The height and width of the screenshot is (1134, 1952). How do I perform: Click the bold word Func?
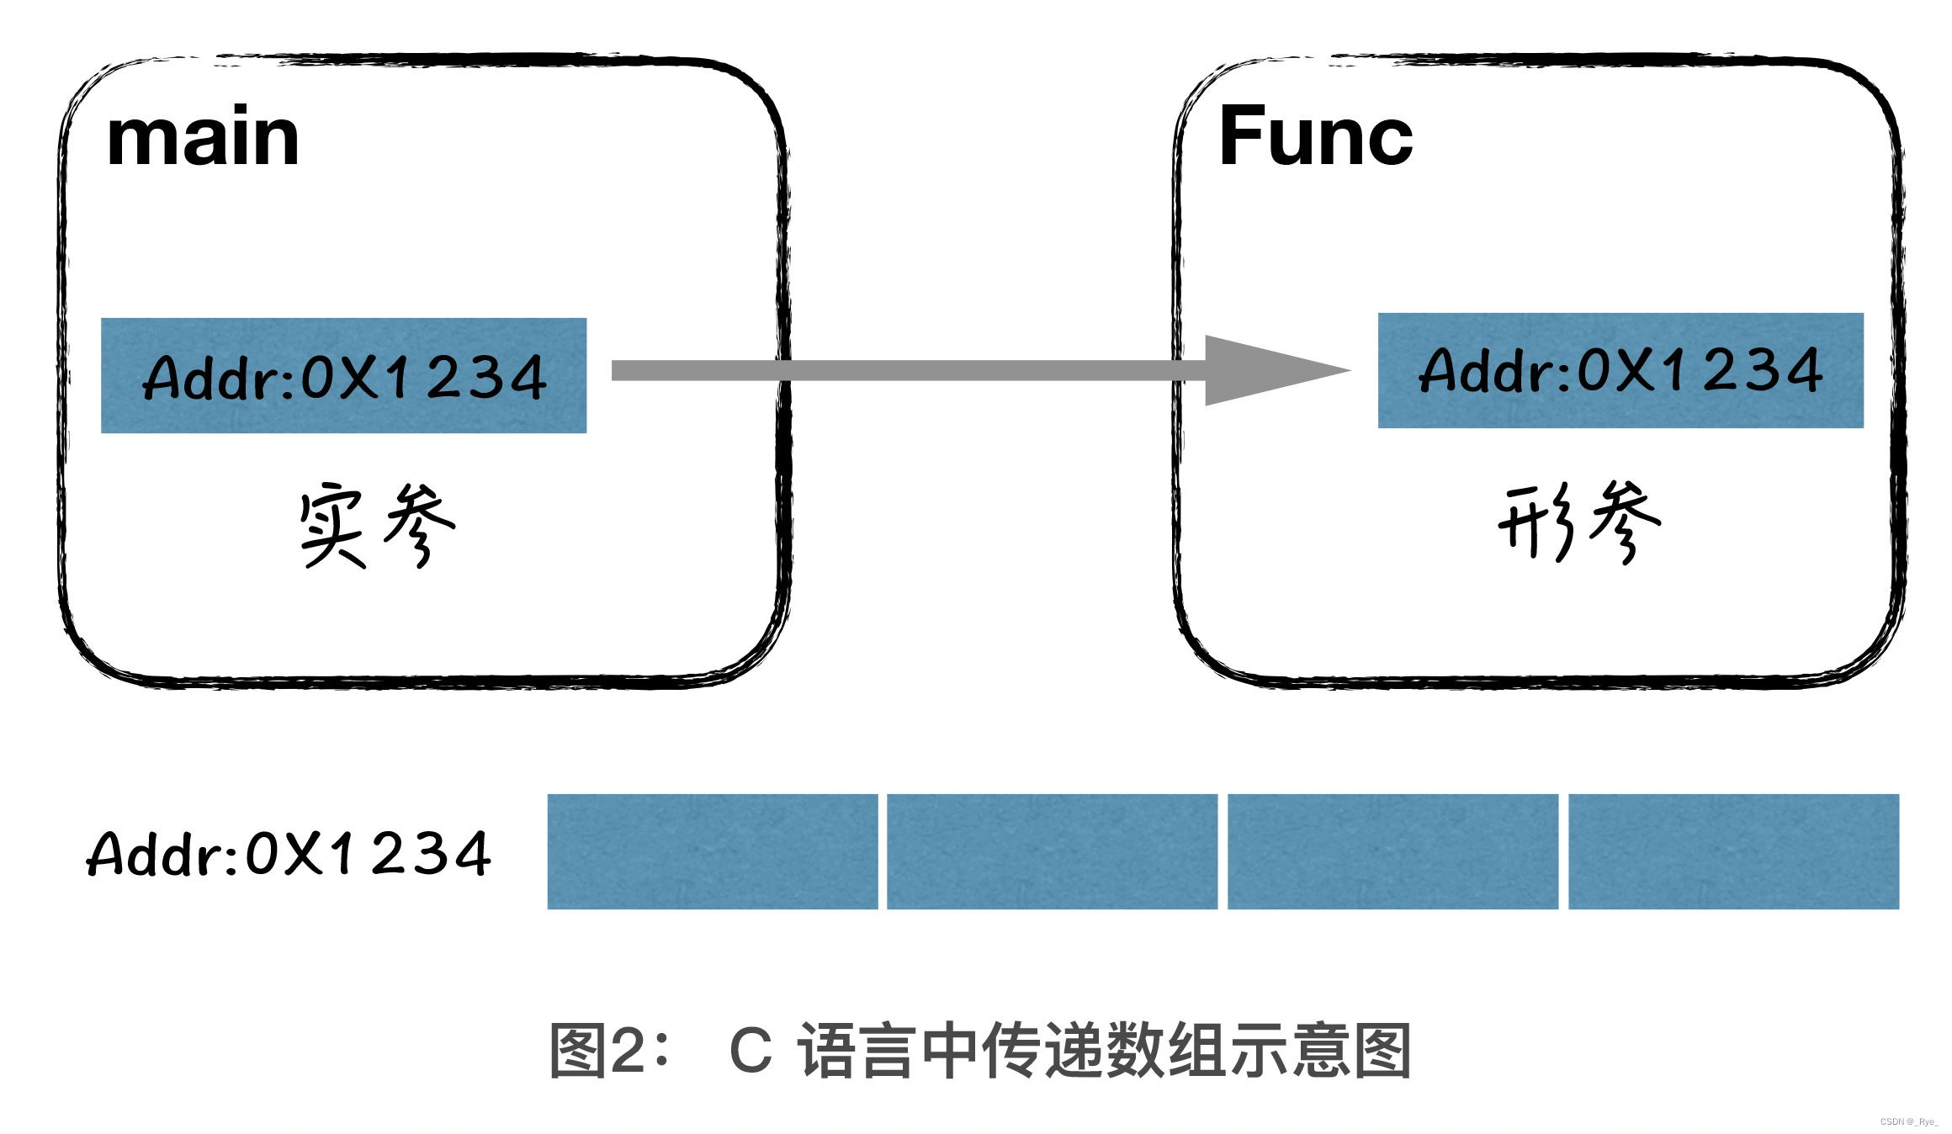coord(1315,137)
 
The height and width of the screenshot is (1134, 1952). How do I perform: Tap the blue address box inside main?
coord(343,375)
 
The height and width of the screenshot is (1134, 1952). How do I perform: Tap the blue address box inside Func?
coord(1620,370)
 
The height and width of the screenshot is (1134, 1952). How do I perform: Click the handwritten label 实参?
coord(376,526)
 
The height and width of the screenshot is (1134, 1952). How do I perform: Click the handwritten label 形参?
coord(1579,522)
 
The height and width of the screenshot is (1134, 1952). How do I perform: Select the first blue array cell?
coord(712,851)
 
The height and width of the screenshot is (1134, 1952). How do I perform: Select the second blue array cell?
coord(1052,851)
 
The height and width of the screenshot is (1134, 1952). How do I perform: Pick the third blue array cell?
coord(1392,851)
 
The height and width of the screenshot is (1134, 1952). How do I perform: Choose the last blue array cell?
coord(1733,851)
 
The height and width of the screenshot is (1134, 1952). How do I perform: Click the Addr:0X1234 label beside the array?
coord(289,855)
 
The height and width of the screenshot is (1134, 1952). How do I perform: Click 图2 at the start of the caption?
coord(598,1050)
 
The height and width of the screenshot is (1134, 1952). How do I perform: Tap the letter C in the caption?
coord(750,1050)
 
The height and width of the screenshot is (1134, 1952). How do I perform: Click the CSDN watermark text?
coord(1908,1121)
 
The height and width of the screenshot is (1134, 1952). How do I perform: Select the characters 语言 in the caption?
coord(857,1050)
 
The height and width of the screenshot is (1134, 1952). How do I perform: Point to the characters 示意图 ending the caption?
coord(1321,1050)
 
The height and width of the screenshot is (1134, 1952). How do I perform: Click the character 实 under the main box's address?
coord(332,526)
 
